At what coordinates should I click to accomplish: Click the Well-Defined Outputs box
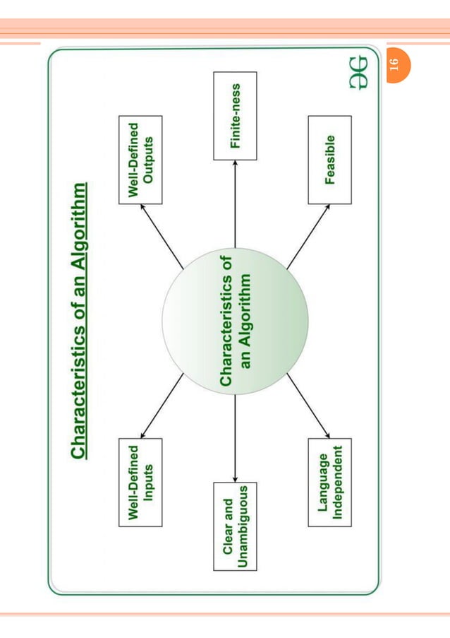(x=140, y=160)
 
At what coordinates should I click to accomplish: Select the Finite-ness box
(x=235, y=116)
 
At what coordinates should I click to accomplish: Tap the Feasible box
(x=329, y=160)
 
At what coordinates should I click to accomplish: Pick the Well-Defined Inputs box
(x=140, y=482)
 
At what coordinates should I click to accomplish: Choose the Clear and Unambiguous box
(x=235, y=526)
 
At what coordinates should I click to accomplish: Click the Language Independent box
(x=329, y=482)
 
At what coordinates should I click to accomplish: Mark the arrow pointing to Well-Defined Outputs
(x=162, y=237)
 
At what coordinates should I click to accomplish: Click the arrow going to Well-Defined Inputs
(x=162, y=406)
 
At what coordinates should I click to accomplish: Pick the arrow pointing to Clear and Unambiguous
(x=235, y=438)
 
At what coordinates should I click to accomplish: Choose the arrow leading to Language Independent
(x=308, y=406)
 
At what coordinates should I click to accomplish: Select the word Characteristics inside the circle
(x=226, y=322)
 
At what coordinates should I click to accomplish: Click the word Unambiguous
(x=244, y=526)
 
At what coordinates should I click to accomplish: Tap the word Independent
(x=339, y=482)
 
